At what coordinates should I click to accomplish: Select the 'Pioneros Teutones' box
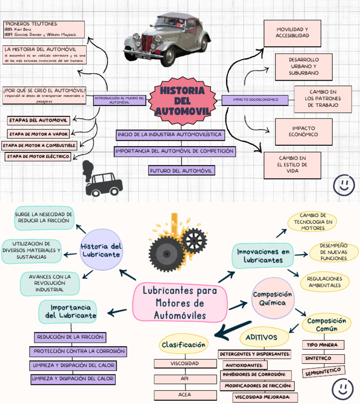(44, 29)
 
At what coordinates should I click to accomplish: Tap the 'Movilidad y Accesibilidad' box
(292, 33)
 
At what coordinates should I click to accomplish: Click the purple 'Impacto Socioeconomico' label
(255, 99)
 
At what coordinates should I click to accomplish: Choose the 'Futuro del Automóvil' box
(181, 171)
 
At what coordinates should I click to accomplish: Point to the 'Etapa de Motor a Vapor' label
(39, 134)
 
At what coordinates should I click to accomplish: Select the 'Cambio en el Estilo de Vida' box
(292, 165)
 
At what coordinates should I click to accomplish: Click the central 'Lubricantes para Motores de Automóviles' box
(180, 303)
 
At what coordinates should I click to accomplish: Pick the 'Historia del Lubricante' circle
(101, 250)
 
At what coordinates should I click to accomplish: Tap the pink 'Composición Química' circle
(272, 298)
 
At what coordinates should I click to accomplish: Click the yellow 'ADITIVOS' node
(261, 337)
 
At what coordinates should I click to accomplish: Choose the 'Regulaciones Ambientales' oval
(324, 282)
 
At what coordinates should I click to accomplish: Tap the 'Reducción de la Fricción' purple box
(70, 337)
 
